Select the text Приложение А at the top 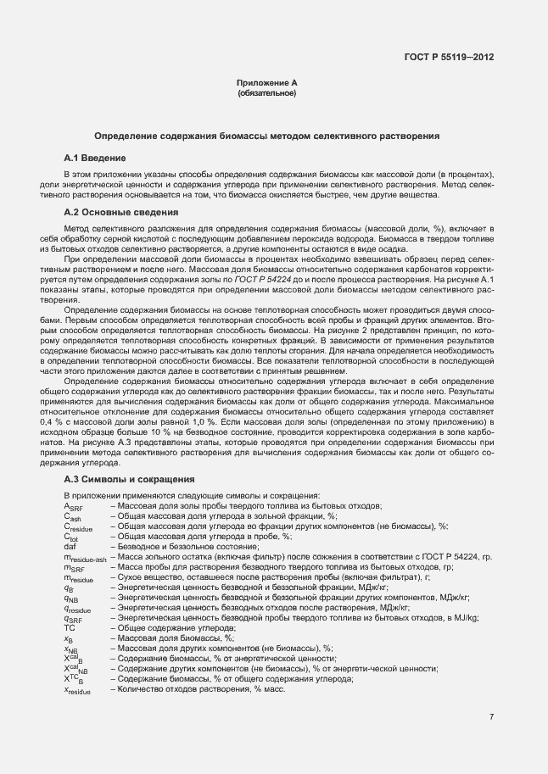click(x=266, y=83)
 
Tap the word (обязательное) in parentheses click(x=266, y=92)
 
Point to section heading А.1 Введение click(x=95, y=159)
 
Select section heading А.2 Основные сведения click(x=120, y=213)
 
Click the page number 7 click(x=491, y=717)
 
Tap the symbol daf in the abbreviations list click(x=70, y=547)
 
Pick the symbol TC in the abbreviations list click(x=70, y=628)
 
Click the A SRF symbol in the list click(x=73, y=507)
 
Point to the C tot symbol click(x=71, y=537)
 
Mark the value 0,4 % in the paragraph click(x=77, y=421)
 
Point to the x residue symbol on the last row click(x=77, y=690)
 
